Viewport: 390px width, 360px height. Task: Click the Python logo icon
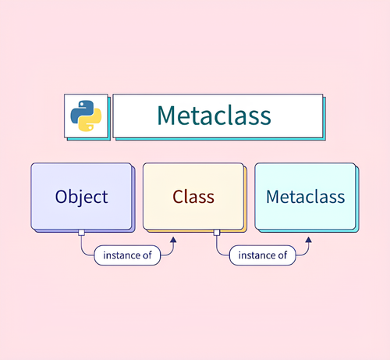tap(86, 116)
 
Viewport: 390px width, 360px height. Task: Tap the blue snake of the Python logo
tap(82, 111)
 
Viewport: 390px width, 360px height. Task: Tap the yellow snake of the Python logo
tap(91, 121)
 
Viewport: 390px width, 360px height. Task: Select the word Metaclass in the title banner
tap(214, 116)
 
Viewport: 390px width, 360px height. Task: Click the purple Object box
tap(81, 197)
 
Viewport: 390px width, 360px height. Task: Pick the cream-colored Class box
tap(193, 197)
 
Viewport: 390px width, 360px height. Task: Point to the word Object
tap(81, 198)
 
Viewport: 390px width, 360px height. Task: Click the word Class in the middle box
tap(193, 197)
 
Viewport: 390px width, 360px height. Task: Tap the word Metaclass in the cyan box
tap(306, 197)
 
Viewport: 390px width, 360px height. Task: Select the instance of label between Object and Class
tap(127, 255)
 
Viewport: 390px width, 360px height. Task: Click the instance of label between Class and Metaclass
tap(263, 255)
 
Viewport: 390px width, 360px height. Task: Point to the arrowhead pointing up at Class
tap(173, 240)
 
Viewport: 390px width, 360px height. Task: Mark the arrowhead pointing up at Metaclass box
tap(309, 240)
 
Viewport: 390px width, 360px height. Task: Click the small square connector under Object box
tap(81, 233)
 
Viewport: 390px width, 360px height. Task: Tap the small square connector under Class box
tap(217, 233)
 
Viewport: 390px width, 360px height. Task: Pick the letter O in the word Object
tap(62, 197)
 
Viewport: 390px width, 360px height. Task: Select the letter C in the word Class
tap(178, 197)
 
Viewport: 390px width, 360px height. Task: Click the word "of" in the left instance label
tap(147, 255)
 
